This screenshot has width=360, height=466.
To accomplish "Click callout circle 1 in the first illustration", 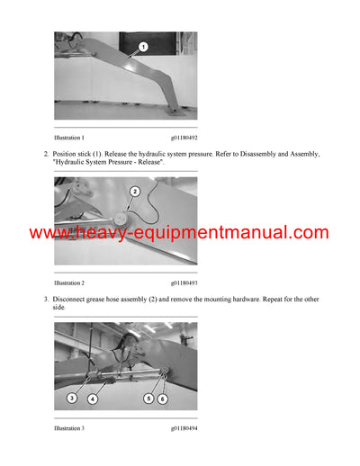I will pyautogui.click(x=142, y=46).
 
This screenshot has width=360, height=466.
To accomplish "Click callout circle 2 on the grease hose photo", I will pyautogui.click(x=134, y=191).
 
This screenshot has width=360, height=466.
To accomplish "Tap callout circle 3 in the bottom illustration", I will pyautogui.click(x=71, y=397).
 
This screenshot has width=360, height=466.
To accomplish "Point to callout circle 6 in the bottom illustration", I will pyautogui.click(x=163, y=397).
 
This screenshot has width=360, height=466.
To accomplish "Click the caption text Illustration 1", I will pyautogui.click(x=69, y=138).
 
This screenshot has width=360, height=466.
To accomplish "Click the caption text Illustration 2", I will pyautogui.click(x=69, y=282).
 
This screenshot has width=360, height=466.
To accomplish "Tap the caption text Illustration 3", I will pyautogui.click(x=69, y=427).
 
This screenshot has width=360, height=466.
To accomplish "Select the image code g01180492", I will pyautogui.click(x=184, y=138).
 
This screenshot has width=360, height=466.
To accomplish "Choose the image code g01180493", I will pyautogui.click(x=184, y=282).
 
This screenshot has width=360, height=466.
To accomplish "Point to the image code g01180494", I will pyautogui.click(x=184, y=427).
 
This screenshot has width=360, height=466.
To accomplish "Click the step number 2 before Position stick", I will pyautogui.click(x=46, y=154).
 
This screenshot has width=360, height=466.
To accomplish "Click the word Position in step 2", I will pyautogui.click(x=67, y=154).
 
